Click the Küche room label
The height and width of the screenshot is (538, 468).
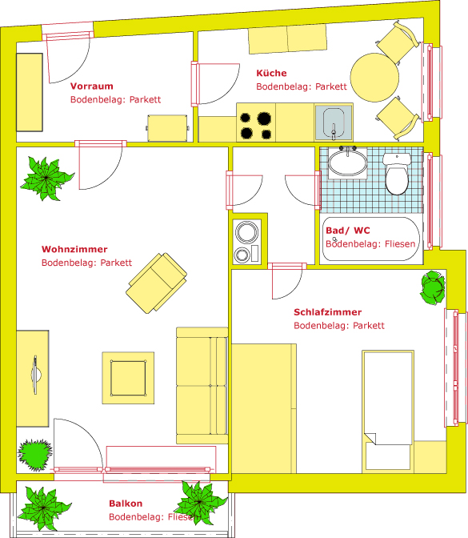[271, 73]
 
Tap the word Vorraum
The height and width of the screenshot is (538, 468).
[91, 86]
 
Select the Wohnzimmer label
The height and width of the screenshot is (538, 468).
[74, 249]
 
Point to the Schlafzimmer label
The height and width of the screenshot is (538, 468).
[327, 312]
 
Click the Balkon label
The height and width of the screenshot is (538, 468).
[126, 504]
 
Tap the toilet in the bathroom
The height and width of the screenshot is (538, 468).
[397, 174]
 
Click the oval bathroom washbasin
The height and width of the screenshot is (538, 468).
[348, 163]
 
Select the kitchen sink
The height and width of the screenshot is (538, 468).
[334, 122]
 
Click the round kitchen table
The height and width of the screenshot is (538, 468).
[374, 78]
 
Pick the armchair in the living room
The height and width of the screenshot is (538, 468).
[156, 283]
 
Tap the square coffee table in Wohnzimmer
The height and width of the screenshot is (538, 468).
[128, 378]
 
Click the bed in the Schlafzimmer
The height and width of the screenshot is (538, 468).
[388, 412]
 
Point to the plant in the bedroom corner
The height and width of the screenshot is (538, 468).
[433, 287]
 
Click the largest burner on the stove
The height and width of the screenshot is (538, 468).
[264, 118]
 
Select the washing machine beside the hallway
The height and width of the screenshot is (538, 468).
[246, 242]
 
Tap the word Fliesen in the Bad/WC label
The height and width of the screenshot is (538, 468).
[400, 244]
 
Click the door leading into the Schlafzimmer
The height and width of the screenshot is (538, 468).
[287, 281]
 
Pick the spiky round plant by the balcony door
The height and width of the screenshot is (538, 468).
[34, 455]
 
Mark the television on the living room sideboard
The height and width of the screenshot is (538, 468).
[35, 375]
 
